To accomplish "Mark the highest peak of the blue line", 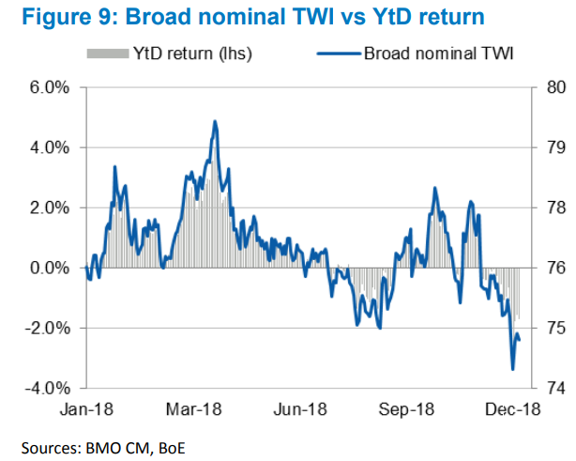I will click(x=215, y=121).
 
